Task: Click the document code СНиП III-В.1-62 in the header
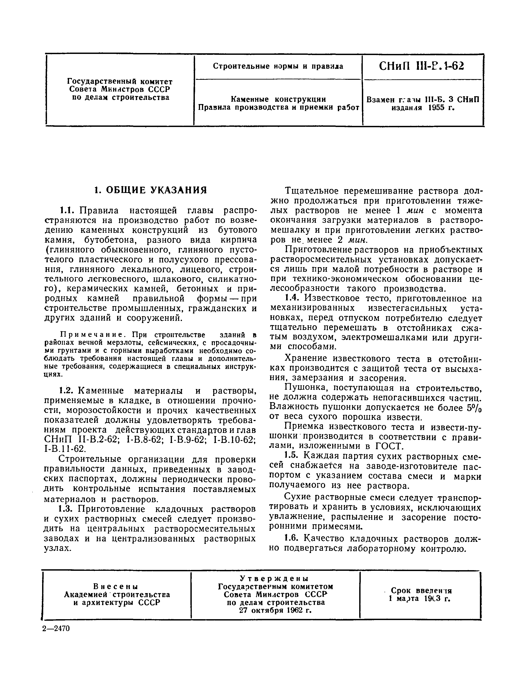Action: point(421,66)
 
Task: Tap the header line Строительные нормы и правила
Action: point(278,66)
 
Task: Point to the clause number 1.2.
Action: point(66,391)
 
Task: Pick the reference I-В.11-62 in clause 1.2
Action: point(65,449)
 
